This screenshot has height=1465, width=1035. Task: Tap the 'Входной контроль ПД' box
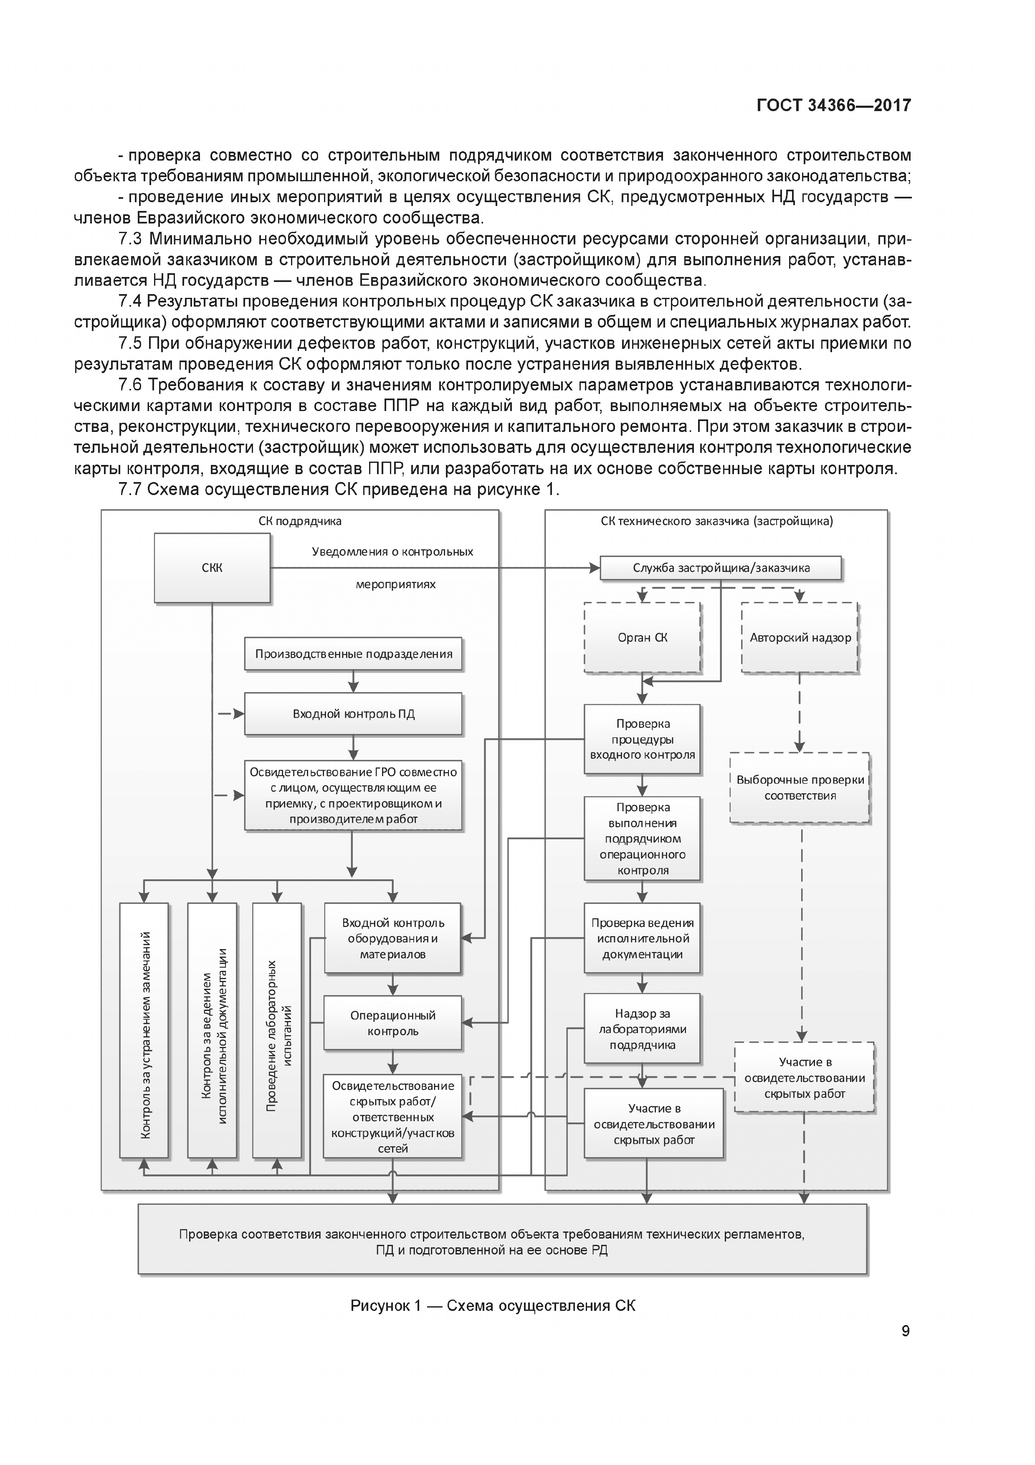pos(353,713)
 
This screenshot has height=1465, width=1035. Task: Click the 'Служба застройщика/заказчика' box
pos(721,568)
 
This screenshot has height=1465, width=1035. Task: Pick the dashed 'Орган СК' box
pos(642,637)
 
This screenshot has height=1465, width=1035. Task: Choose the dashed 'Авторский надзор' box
pos(800,637)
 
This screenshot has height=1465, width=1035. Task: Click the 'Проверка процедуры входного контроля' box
pos(642,739)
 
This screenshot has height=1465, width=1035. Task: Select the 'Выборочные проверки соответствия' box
pos(800,787)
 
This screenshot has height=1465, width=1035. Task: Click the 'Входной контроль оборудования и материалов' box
pos(392,938)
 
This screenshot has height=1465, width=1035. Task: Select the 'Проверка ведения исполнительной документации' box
pos(642,938)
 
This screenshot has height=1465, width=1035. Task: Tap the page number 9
pos(906,1331)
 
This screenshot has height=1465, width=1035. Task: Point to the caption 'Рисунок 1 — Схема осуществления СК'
pos(492,1305)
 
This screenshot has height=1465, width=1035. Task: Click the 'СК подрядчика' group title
pos(300,520)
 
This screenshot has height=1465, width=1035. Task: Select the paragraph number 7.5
pos(130,343)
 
